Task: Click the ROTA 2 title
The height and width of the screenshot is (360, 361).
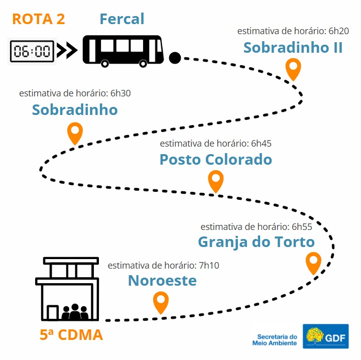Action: pos(39,19)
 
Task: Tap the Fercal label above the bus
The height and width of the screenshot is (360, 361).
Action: pos(122,19)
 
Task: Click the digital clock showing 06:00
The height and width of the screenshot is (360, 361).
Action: pos(32,51)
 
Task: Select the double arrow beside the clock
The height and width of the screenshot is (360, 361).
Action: pos(67,50)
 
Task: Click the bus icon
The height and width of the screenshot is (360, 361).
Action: pos(123,51)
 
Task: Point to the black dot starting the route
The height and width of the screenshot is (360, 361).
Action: pos(175,58)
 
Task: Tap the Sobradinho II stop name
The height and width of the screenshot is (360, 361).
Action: pos(293,47)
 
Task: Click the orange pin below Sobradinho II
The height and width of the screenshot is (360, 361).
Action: pos(293,69)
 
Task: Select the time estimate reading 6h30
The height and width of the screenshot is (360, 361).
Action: pos(75,93)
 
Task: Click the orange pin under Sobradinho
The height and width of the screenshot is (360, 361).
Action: pos(75,133)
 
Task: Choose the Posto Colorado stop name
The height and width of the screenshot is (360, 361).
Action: pos(216,159)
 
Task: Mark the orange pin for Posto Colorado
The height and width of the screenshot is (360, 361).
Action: pos(216,181)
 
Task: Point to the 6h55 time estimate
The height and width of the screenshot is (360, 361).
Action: pos(256,227)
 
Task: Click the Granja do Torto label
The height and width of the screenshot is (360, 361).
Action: pos(256,243)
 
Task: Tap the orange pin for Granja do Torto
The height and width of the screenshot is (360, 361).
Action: pos(313,263)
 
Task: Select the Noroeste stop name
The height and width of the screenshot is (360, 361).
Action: pos(162,281)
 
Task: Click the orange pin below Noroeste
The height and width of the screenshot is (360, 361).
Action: pos(161,302)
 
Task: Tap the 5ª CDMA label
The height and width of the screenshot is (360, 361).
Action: pos(71,334)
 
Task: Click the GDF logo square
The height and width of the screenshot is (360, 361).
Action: pos(325,336)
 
